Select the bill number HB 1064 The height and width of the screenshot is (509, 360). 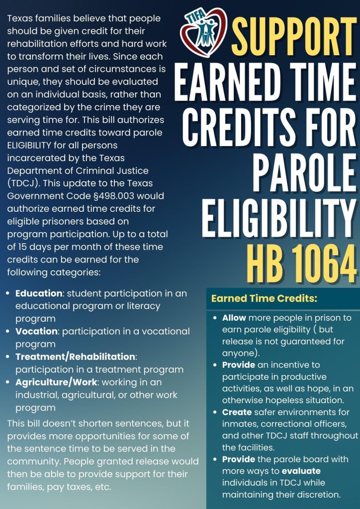tap(301, 261)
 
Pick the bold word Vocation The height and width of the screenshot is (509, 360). tap(36, 331)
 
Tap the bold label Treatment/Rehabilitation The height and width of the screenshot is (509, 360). tap(75, 357)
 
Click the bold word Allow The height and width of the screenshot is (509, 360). tap(234, 318)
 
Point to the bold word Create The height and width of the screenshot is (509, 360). tap(237, 413)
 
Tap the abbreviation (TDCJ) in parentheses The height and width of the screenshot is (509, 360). tap(21, 183)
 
